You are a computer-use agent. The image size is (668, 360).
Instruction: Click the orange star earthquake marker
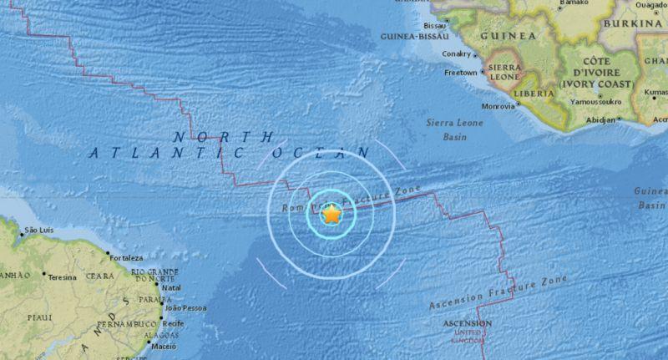(x=331, y=215)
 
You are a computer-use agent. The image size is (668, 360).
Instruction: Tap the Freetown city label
(x=460, y=72)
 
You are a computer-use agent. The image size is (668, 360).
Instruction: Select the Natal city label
(x=171, y=288)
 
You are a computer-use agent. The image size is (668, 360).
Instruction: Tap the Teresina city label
(x=63, y=276)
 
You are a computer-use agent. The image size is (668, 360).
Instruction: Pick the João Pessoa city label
(x=186, y=307)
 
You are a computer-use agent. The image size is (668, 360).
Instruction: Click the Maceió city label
(x=163, y=347)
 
